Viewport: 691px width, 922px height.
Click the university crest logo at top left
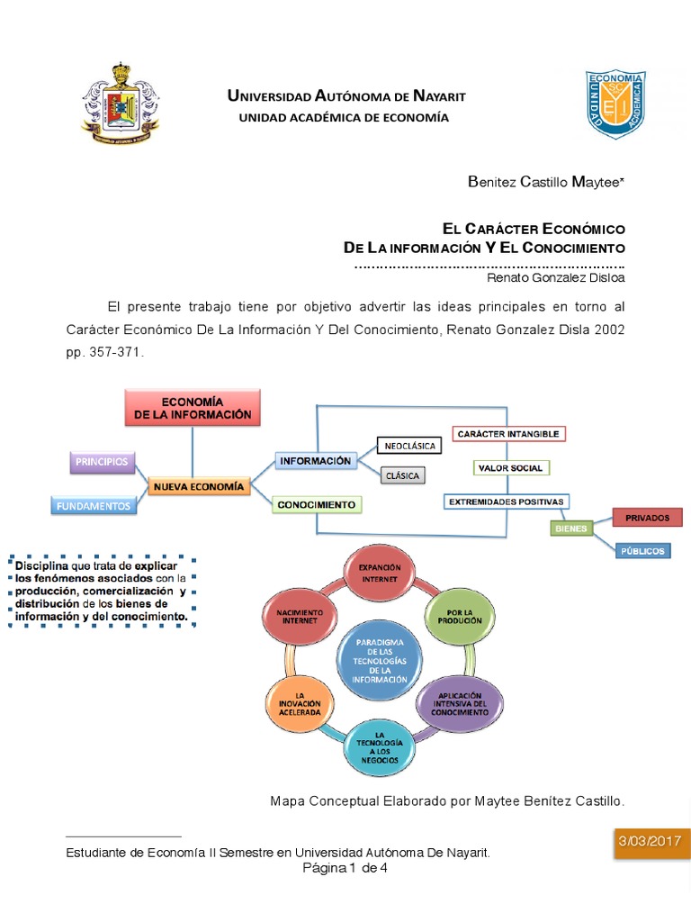(x=120, y=104)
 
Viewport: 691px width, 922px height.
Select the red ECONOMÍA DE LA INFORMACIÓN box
(x=193, y=407)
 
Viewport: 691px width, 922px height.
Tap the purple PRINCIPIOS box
(x=102, y=462)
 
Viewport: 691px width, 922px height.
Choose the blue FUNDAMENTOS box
(x=94, y=506)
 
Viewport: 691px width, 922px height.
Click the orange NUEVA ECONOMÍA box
(x=198, y=486)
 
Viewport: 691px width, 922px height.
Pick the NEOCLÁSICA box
(x=409, y=446)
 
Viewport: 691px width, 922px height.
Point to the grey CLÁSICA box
(x=402, y=475)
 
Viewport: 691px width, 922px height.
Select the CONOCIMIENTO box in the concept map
(x=316, y=505)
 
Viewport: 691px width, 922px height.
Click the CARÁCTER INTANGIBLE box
(x=508, y=434)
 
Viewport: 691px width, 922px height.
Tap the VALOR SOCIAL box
(x=511, y=468)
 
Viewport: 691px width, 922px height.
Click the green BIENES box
(x=570, y=529)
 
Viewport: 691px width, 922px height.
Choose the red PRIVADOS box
(x=647, y=518)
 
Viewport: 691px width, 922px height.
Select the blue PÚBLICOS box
(x=642, y=550)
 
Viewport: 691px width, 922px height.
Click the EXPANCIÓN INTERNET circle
(x=379, y=574)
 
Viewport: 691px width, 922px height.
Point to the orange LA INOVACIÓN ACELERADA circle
(x=301, y=703)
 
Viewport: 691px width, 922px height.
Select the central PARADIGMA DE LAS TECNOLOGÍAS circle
(x=380, y=662)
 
